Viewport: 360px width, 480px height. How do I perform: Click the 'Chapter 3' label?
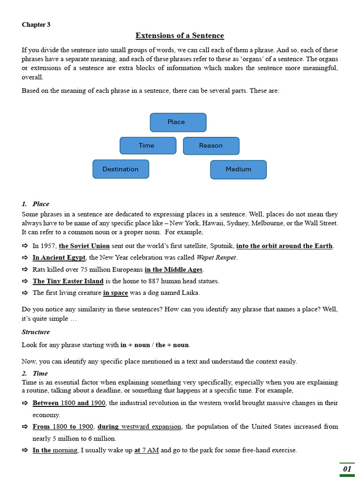tap(36, 25)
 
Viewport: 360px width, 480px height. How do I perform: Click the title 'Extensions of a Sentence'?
tap(180, 36)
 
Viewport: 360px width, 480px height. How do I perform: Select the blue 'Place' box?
tap(178, 122)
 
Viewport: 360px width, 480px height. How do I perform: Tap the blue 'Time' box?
tap(148, 145)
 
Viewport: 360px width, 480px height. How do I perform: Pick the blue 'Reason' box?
tap(211, 145)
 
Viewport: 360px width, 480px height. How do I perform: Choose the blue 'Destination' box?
tap(120, 169)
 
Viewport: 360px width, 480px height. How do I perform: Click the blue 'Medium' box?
tap(238, 169)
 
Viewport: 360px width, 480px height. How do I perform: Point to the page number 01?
tap(347, 468)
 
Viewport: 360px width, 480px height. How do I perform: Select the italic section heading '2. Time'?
tap(35, 374)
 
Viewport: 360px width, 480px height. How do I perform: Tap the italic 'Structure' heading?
tap(36, 332)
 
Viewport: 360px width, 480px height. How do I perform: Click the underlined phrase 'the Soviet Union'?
tap(84, 246)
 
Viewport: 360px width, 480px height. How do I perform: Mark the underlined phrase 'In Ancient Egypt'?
tap(59, 257)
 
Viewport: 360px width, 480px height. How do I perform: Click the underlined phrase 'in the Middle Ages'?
tap(173, 270)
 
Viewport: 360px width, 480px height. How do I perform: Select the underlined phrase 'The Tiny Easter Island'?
tap(68, 281)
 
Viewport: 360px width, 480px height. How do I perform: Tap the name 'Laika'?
tap(190, 293)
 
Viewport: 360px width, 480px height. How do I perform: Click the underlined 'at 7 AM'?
tap(146, 450)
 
